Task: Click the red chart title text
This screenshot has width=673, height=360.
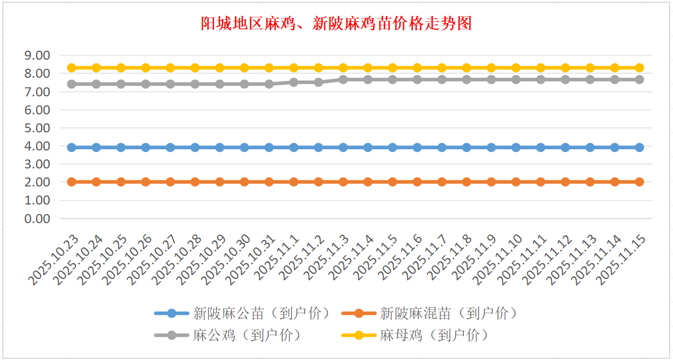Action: click(336, 24)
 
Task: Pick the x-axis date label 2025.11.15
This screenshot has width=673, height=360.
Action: click(624, 259)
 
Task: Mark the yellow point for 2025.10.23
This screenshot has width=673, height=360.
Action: click(72, 68)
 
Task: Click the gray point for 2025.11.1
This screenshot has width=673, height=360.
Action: click(294, 82)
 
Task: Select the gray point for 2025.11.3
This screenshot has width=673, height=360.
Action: click(343, 79)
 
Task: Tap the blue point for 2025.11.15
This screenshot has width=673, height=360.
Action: click(639, 148)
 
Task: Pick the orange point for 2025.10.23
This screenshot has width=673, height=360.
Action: click(72, 182)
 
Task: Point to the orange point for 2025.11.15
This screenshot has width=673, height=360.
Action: click(639, 182)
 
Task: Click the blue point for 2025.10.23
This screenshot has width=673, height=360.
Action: click(72, 148)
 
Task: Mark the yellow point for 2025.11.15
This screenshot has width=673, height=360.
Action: click(639, 68)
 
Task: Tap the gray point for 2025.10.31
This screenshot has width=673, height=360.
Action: click(269, 84)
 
